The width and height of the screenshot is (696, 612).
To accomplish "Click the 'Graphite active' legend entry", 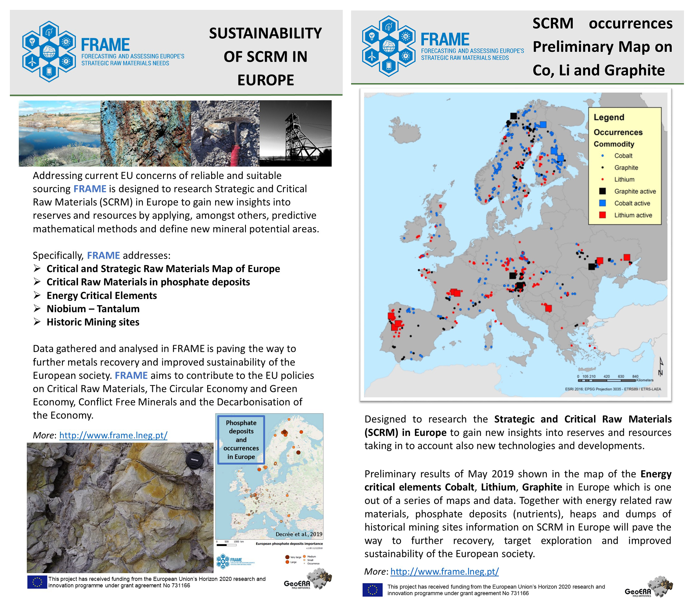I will [635, 191].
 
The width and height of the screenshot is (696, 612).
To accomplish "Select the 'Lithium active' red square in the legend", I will [602, 215].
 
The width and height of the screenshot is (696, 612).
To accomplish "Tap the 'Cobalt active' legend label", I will [632, 203].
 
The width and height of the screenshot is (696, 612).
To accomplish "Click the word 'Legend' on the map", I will [609, 117].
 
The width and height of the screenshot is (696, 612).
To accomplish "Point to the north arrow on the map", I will [661, 366].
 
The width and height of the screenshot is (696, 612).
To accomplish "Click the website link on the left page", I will [113, 435].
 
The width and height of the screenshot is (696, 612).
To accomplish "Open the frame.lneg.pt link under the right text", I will [444, 572].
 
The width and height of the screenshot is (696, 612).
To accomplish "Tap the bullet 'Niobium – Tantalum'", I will [93, 309].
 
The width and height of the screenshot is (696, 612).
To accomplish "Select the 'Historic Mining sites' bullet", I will [93, 322].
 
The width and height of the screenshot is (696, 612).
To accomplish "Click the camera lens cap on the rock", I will [194, 460].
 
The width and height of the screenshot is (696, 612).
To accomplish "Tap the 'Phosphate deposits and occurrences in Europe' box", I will [241, 440].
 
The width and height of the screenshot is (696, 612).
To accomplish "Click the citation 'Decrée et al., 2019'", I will [299, 534].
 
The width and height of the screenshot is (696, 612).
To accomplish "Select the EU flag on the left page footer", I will [37, 582].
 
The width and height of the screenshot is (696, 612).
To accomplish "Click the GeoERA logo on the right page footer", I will [648, 587].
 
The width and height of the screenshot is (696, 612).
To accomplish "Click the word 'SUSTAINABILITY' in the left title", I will [265, 33].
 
